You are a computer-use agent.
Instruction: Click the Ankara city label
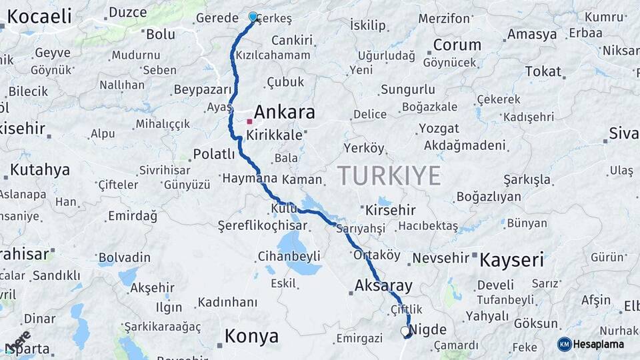click(x=284, y=112)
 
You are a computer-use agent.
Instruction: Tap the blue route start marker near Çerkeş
click(x=253, y=17)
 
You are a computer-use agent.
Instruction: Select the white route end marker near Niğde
click(x=405, y=331)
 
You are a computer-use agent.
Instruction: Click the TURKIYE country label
click(x=389, y=175)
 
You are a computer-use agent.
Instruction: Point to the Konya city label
click(x=251, y=337)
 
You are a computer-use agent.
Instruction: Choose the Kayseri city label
click(x=512, y=259)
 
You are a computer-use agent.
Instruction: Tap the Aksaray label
click(x=384, y=286)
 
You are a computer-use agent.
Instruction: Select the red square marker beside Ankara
click(x=249, y=121)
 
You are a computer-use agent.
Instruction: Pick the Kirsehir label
click(x=391, y=210)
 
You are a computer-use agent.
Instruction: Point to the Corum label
click(x=457, y=45)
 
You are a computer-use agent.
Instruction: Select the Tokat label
click(x=543, y=71)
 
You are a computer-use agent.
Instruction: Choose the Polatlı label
click(x=214, y=155)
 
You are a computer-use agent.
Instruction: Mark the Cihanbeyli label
click(x=289, y=256)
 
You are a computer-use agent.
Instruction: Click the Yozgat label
click(x=439, y=128)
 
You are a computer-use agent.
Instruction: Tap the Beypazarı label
click(x=203, y=89)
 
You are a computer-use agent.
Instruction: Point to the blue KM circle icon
click(x=565, y=344)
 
